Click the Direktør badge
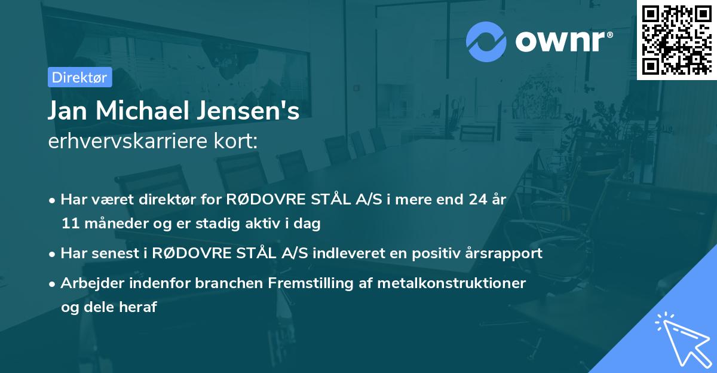(79, 77)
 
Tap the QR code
(677, 39)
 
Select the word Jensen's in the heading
(259, 112)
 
